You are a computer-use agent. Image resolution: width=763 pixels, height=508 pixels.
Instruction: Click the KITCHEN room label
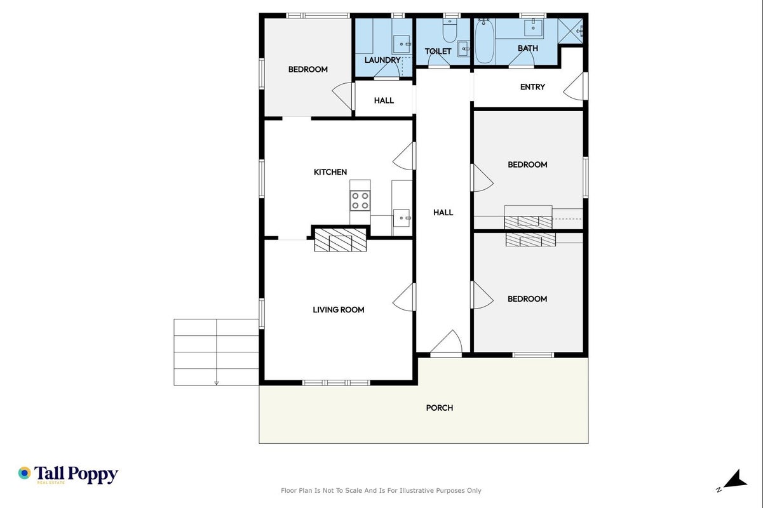click(x=330, y=172)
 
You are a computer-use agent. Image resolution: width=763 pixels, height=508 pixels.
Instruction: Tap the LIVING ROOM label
click(x=338, y=309)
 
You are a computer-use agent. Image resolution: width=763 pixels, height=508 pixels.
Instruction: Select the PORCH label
click(x=440, y=408)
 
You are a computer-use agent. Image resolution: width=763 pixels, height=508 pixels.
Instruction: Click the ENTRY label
click(x=532, y=87)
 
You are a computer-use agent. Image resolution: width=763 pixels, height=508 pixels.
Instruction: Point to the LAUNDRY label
click(x=382, y=60)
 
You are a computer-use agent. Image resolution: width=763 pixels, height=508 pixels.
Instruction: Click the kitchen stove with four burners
click(x=360, y=201)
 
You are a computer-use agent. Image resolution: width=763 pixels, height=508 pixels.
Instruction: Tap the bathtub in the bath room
click(x=484, y=41)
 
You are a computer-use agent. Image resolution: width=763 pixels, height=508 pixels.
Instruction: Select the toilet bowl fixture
click(x=450, y=30)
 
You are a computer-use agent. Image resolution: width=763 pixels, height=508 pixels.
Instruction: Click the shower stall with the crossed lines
click(x=571, y=31)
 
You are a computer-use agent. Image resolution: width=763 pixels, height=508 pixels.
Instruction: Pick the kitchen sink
click(x=402, y=218)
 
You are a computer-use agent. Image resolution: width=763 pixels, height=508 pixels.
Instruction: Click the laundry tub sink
click(x=402, y=44)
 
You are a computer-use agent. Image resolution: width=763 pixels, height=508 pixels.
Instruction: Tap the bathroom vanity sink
click(x=534, y=27)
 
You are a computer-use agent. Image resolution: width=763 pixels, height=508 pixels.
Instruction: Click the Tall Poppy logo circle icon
click(x=24, y=473)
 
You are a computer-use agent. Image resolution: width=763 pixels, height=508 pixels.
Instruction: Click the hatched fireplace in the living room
click(x=341, y=240)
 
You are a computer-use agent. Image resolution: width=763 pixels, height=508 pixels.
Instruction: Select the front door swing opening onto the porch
click(x=446, y=342)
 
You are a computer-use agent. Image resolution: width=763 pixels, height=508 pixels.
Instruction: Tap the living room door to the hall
click(x=404, y=297)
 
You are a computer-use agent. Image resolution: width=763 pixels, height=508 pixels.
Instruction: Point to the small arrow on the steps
click(x=216, y=383)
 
